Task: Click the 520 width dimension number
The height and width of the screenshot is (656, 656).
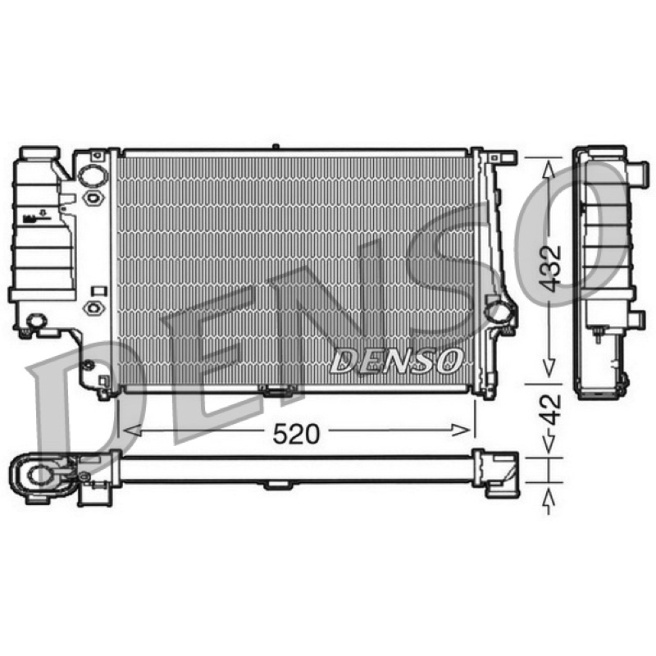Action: [x=296, y=434]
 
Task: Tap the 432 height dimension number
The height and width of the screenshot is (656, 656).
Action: [x=549, y=268]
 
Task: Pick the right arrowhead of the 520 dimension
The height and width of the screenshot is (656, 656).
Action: [x=462, y=430]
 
